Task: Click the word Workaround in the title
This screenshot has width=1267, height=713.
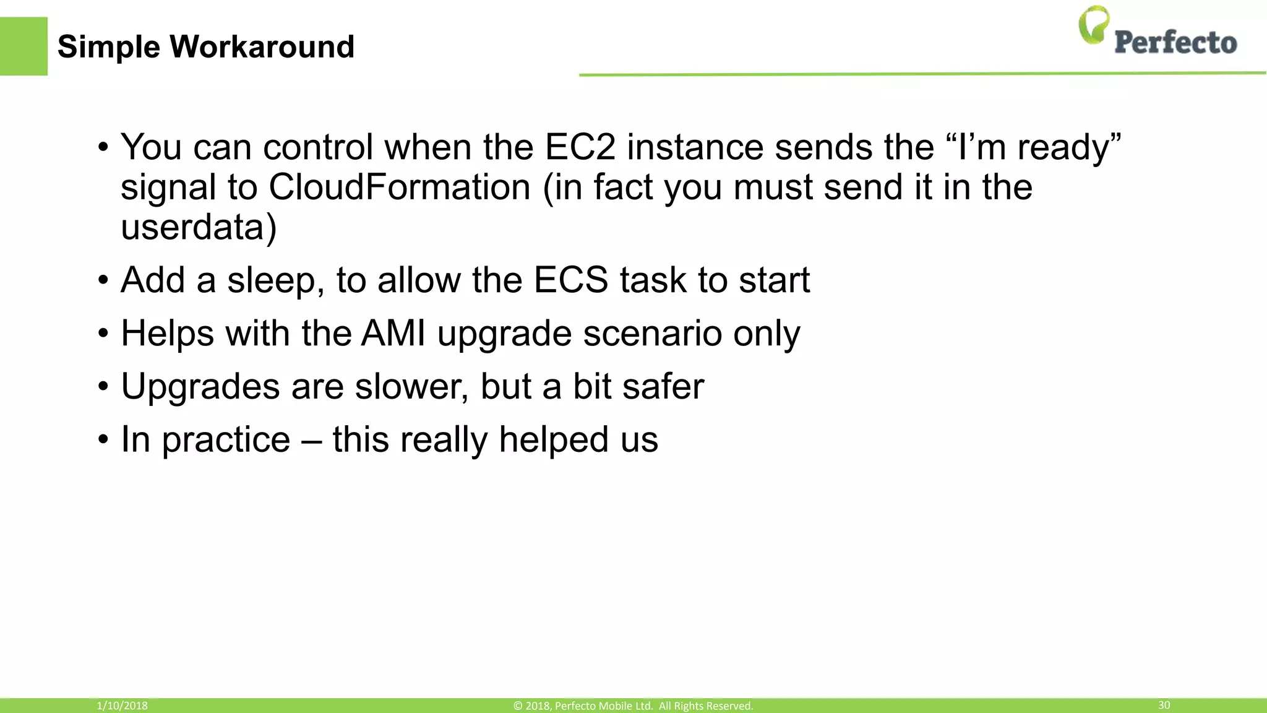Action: click(x=261, y=47)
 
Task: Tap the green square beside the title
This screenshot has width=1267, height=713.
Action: click(x=24, y=46)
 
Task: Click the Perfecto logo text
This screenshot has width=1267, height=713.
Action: click(x=1175, y=43)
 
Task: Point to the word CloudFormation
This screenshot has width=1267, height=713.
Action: click(x=399, y=187)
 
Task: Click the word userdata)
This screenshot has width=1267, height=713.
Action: click(x=199, y=227)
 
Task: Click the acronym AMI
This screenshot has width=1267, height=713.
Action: click(x=393, y=333)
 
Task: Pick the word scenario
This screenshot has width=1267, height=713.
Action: click(x=652, y=333)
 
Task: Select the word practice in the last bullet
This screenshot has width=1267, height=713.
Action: click(x=226, y=440)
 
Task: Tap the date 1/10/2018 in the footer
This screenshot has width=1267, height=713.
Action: click(x=122, y=706)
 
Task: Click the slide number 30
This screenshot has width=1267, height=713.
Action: click(x=1164, y=705)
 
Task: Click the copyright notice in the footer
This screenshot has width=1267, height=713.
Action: click(x=633, y=706)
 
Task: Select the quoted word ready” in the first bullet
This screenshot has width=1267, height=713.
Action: click(x=1068, y=147)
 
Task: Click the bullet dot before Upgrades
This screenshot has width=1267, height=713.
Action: click(x=103, y=387)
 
